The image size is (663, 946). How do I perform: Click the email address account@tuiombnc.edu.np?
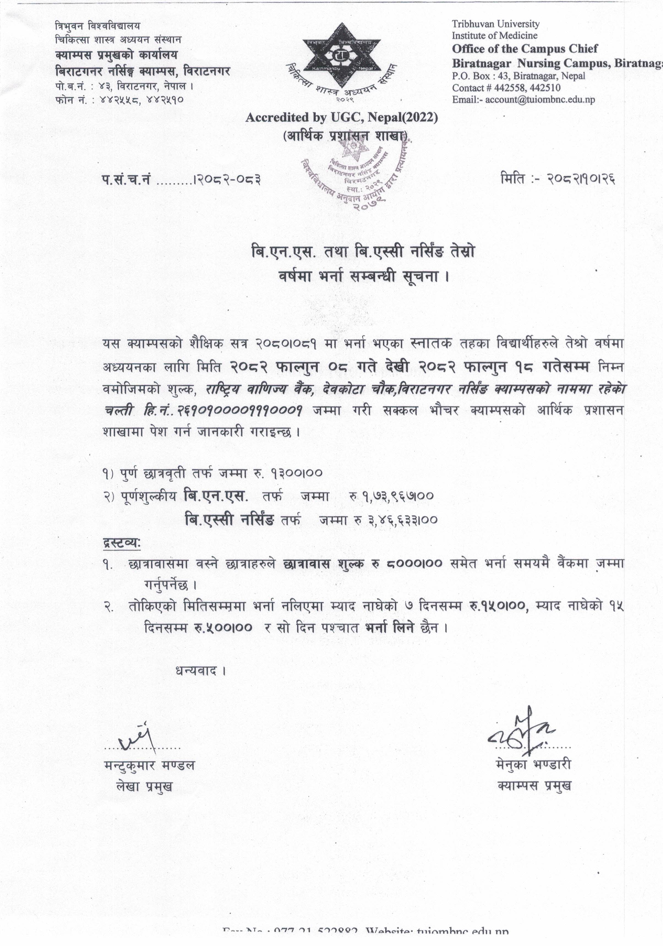540,99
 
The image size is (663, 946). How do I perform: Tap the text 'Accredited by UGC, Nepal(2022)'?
342,118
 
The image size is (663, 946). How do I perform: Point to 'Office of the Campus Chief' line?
525,49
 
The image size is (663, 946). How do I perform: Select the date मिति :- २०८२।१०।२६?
558,179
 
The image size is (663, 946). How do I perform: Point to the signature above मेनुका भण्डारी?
523,734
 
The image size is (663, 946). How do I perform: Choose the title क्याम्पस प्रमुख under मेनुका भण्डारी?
534,786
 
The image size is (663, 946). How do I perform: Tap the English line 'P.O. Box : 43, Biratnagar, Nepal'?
518,76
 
